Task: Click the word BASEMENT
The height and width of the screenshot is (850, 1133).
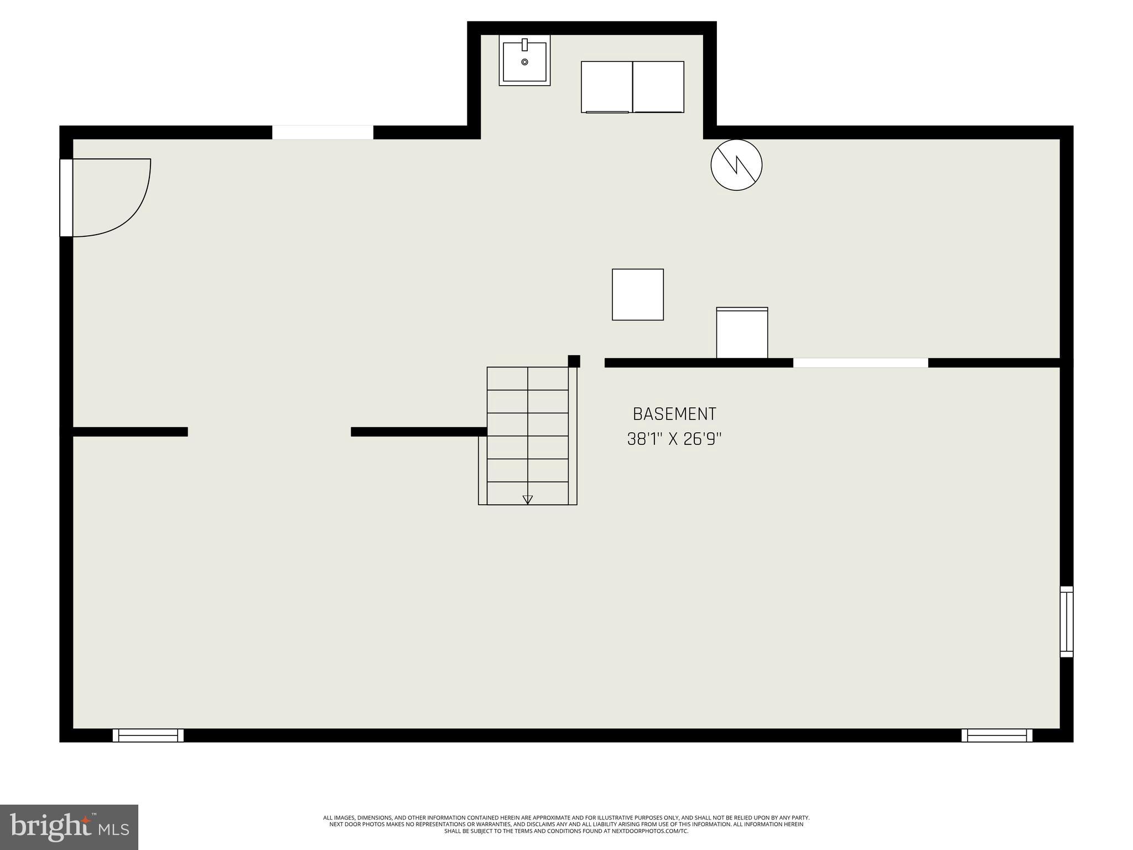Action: pos(674,414)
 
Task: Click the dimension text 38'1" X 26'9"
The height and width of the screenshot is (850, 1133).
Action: pos(674,439)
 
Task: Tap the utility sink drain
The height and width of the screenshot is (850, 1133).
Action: pos(524,62)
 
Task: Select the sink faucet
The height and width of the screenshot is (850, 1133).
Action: pos(524,45)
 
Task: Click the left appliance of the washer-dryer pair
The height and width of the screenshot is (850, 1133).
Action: pos(606,87)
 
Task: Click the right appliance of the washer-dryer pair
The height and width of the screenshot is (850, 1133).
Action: pos(658,87)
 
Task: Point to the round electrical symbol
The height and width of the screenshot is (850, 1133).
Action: pos(736,165)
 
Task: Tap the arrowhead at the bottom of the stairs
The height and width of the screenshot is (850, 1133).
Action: pos(527,500)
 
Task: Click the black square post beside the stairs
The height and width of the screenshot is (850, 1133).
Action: pos(574,361)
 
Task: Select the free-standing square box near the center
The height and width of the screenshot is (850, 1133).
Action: pos(637,294)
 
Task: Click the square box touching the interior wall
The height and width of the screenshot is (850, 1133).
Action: pos(742,333)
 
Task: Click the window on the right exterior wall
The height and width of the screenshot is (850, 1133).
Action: pos(1066,621)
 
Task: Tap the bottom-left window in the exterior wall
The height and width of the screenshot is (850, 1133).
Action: pos(148,735)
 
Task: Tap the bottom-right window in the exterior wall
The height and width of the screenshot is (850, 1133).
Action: pos(996,735)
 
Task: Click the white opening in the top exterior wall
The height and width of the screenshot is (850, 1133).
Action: pos(323,133)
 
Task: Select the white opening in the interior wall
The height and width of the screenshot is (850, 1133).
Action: pos(860,363)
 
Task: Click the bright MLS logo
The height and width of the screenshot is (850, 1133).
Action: pos(69,827)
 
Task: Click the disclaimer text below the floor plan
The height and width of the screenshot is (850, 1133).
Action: pos(566,824)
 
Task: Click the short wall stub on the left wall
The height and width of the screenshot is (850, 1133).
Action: pos(131,432)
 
